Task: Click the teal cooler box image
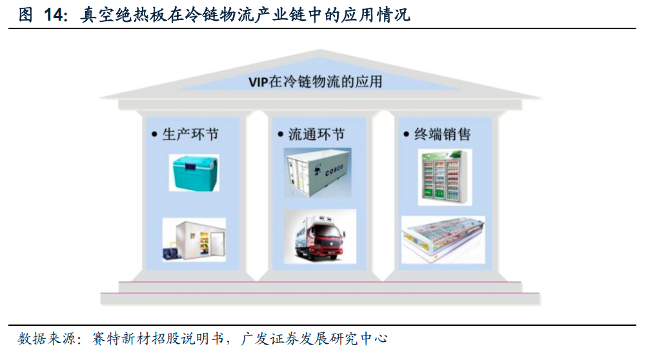(194, 172)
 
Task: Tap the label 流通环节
(316, 134)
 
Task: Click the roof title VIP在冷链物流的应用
(315, 82)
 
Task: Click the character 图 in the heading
(26, 15)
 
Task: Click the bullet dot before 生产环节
(154, 135)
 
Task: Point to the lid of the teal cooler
(194, 162)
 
